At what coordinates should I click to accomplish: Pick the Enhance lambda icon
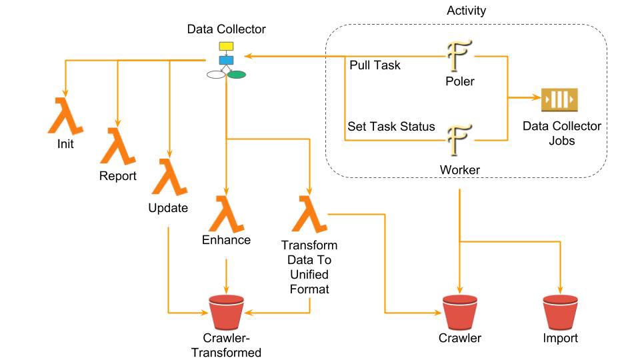pos(226,213)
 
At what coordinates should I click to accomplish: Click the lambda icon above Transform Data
pos(309,214)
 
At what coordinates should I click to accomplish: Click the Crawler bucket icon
pos(460,311)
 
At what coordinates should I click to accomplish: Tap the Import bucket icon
pos(560,311)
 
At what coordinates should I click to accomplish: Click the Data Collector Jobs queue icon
pos(559,99)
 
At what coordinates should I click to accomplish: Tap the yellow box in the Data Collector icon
pos(227,47)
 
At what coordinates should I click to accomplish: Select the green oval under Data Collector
pos(236,74)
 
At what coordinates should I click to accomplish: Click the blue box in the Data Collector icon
pos(227,61)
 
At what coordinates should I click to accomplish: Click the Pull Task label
pos(375,66)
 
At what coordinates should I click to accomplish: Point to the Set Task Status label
pos(391,126)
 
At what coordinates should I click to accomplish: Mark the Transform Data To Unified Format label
pos(309,267)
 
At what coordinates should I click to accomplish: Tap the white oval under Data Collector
pos(216,75)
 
